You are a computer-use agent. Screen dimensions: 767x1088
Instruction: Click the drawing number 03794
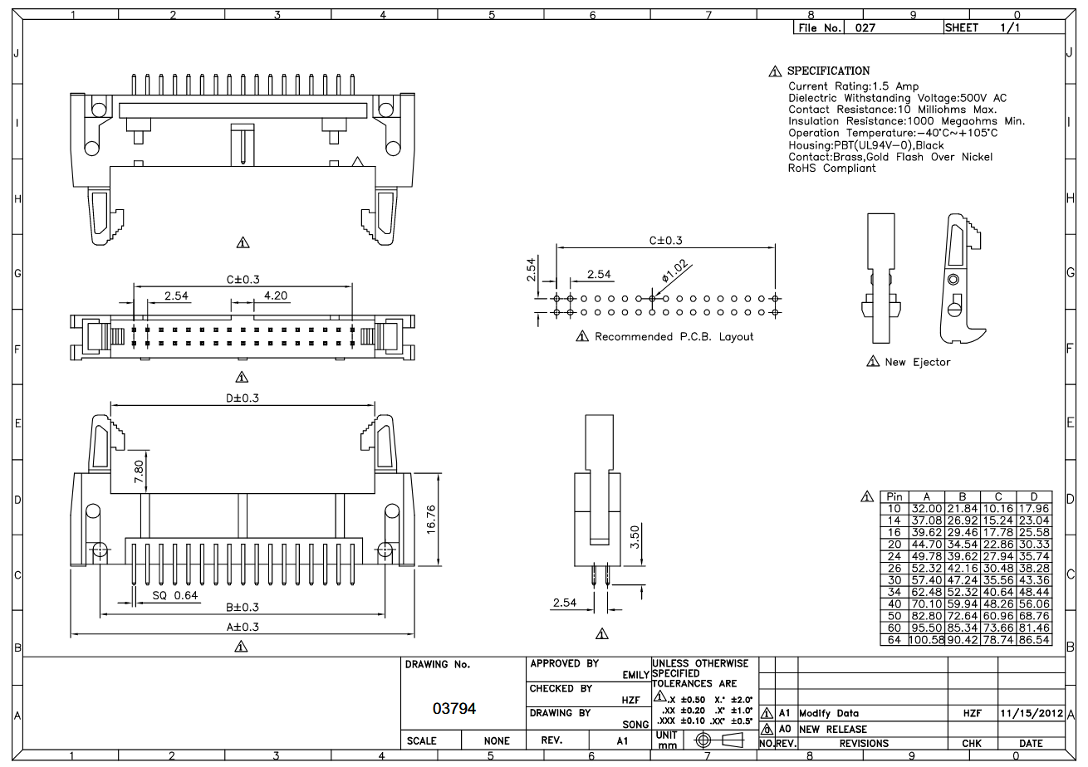455,709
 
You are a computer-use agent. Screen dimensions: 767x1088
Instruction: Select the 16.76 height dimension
432,520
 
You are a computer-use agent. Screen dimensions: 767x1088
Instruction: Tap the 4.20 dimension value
276,296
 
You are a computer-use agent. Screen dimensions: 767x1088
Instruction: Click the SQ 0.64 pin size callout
175,596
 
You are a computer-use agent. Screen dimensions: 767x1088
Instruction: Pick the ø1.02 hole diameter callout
675,271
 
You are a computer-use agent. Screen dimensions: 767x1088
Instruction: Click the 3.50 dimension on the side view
634,541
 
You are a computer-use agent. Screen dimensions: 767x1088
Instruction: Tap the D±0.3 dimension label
243,398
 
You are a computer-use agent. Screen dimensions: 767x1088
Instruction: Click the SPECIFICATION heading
828,71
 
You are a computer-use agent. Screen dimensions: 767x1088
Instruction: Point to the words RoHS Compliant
831,169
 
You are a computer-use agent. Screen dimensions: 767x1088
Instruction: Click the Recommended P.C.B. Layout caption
674,336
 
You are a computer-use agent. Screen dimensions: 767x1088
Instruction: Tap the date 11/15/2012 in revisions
1032,713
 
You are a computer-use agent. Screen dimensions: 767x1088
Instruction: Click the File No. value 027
865,27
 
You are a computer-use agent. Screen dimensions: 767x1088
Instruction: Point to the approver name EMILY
635,676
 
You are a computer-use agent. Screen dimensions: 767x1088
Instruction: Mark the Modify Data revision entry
829,713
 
